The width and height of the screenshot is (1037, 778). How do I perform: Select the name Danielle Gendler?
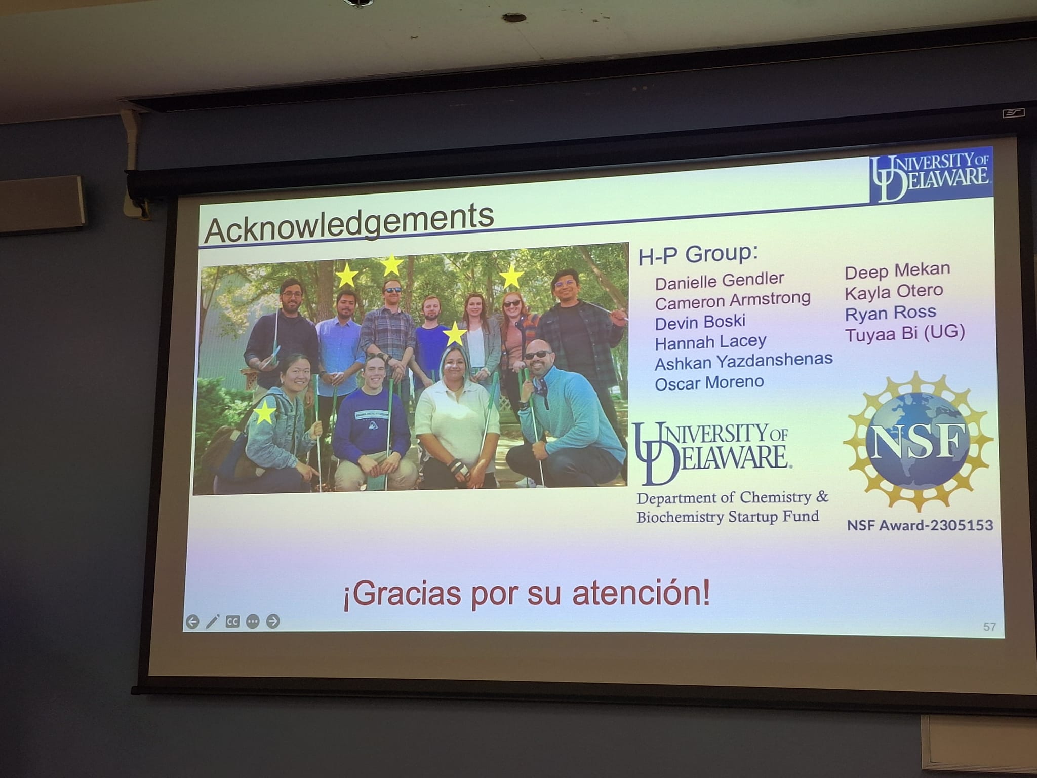click(720, 280)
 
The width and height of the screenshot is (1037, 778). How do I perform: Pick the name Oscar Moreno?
click(709, 382)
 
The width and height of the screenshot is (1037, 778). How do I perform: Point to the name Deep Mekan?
click(897, 270)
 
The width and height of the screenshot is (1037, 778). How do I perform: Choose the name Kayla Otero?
click(894, 292)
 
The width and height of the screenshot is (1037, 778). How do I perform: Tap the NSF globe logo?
click(918, 441)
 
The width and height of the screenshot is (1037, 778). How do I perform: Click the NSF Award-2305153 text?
click(920, 525)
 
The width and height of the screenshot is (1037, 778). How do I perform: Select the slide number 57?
click(989, 627)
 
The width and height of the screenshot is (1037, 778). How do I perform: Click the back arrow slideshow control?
click(192, 621)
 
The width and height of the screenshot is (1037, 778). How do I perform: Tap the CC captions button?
click(232, 621)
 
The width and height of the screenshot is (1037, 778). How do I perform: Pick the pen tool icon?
click(212, 621)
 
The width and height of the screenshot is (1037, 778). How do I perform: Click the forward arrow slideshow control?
click(273, 621)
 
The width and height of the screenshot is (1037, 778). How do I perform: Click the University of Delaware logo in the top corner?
click(930, 177)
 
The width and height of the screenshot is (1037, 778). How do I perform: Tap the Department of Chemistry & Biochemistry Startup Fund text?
click(732, 507)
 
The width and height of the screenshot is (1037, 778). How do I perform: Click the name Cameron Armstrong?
click(732, 300)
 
